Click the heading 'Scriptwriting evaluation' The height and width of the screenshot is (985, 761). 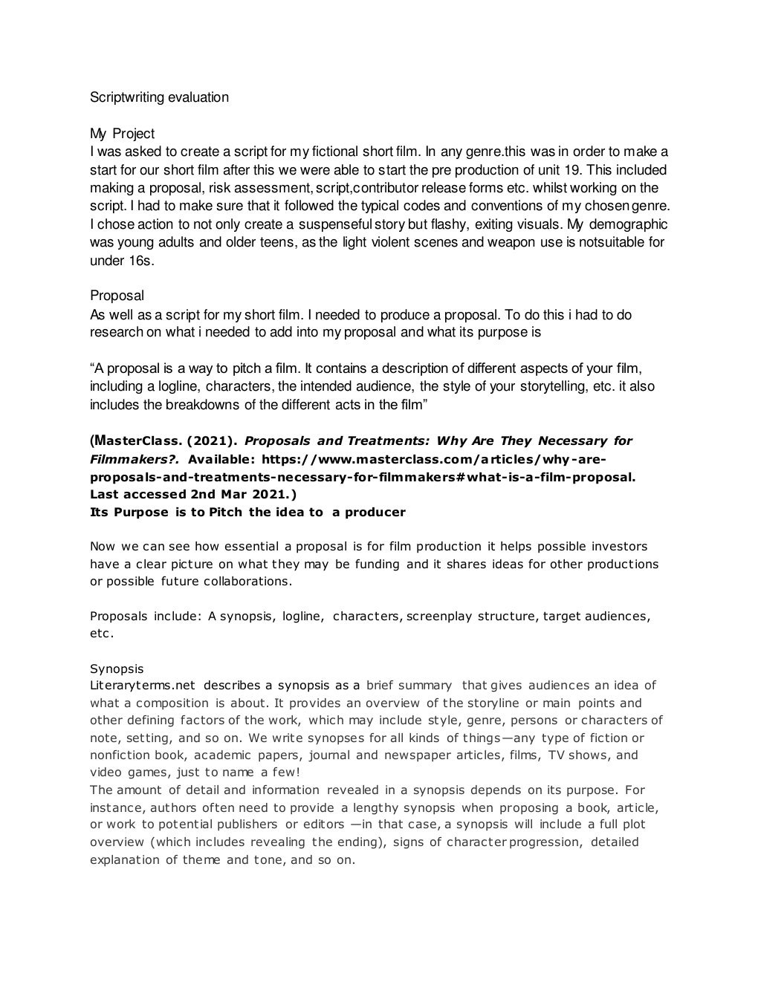point(159,97)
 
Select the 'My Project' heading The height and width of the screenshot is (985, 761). point(122,134)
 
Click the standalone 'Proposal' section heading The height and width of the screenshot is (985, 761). point(117,296)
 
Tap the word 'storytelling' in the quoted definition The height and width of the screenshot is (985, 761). point(554,386)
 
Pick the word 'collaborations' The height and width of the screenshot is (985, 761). point(246,581)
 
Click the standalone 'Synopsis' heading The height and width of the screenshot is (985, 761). point(117,669)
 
